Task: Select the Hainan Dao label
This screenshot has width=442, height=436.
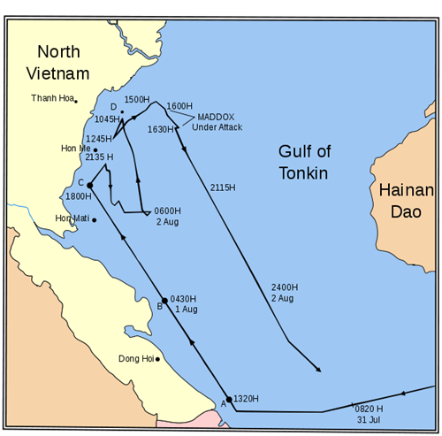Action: tap(407, 201)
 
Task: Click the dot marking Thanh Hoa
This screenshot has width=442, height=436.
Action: tap(76, 100)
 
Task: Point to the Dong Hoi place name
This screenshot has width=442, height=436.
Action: tap(136, 359)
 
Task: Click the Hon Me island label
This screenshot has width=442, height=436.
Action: tap(75, 149)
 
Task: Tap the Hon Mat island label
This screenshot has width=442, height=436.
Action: tap(72, 218)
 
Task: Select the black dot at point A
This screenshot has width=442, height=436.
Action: tap(229, 400)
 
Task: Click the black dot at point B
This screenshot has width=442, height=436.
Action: tap(164, 301)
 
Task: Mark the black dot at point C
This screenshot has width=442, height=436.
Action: tap(91, 185)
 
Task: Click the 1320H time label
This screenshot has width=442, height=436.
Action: tap(247, 400)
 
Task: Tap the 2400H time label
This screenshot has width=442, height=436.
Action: tap(284, 287)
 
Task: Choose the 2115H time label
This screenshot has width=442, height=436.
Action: tap(224, 187)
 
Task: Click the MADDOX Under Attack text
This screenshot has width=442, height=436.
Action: tap(217, 122)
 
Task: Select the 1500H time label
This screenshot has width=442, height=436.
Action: tap(137, 100)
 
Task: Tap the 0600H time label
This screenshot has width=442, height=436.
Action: tap(167, 210)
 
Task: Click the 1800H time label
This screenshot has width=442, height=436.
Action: tap(79, 196)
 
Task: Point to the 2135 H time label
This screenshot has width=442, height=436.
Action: tap(101, 157)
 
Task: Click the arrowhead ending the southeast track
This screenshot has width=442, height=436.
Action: tap(318, 371)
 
